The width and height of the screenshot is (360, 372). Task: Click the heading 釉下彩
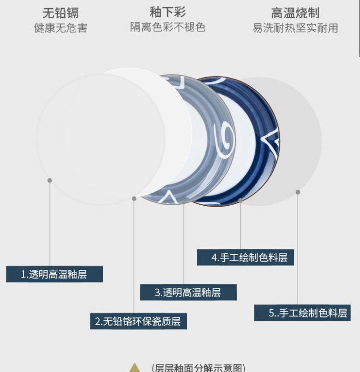click(x=168, y=12)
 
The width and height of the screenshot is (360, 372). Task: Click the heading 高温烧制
click(x=295, y=12)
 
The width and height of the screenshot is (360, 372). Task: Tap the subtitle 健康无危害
click(x=60, y=28)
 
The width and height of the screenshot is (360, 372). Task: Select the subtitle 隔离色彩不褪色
click(x=168, y=27)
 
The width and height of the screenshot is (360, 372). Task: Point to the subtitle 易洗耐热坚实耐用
click(x=295, y=28)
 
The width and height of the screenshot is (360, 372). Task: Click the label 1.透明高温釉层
click(x=54, y=274)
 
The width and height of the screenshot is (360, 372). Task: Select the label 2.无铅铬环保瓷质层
click(x=138, y=321)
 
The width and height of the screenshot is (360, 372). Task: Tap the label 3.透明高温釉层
click(x=188, y=292)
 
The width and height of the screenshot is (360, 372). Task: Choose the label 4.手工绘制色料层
click(x=245, y=257)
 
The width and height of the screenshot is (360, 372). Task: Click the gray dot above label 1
click(x=50, y=180)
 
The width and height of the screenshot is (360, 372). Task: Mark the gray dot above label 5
click(x=298, y=192)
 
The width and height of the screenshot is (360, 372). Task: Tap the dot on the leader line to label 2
click(x=134, y=198)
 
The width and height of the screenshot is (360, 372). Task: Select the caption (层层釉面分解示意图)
click(x=198, y=368)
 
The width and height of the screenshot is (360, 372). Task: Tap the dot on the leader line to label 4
click(x=240, y=200)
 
